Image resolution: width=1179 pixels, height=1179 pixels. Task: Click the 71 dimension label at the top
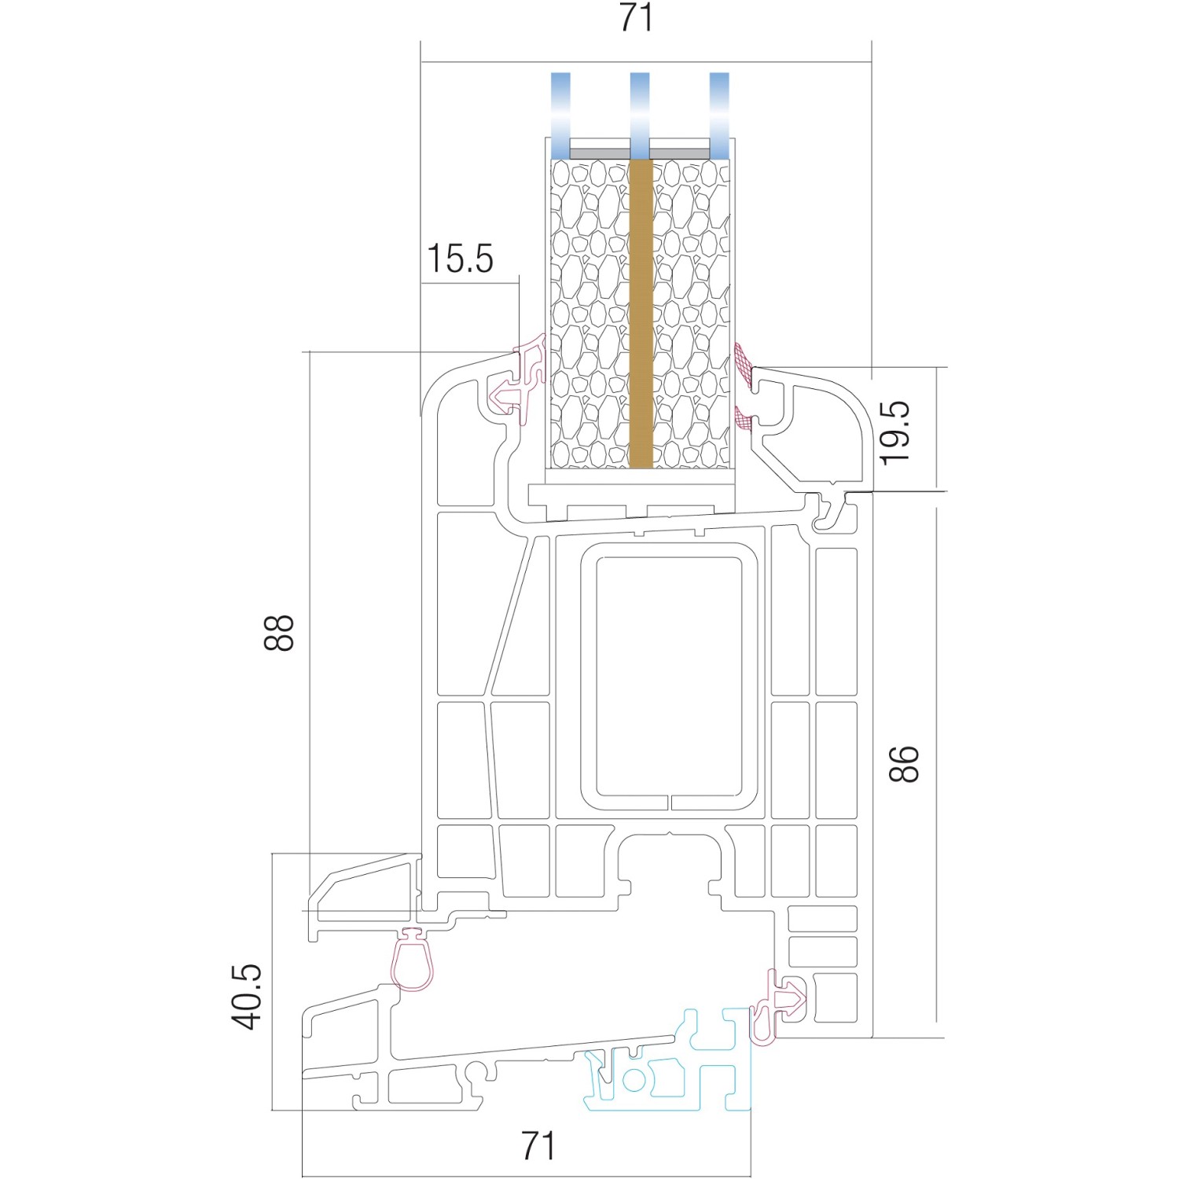[x=636, y=17]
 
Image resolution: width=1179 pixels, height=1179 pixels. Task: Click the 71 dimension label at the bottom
[x=538, y=1146]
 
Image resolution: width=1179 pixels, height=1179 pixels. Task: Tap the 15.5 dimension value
[x=460, y=259]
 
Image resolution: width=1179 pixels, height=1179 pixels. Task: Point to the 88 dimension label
[x=278, y=632]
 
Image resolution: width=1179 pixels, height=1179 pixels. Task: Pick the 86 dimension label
[x=904, y=764]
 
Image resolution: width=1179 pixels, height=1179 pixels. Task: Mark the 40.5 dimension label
[x=247, y=996]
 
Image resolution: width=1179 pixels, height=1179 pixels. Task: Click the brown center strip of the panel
[x=641, y=314]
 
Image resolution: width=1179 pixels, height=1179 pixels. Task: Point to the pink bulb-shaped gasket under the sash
[x=412, y=960]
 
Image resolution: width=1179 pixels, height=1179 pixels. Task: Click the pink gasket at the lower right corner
[x=777, y=1007]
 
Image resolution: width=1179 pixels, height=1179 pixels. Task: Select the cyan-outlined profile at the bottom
[x=667, y=1060]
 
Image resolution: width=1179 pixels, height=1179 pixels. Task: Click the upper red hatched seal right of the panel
[x=744, y=367]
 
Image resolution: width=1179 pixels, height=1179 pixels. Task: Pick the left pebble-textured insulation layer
[x=590, y=314]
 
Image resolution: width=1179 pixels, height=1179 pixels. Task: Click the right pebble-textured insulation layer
[x=692, y=314]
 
